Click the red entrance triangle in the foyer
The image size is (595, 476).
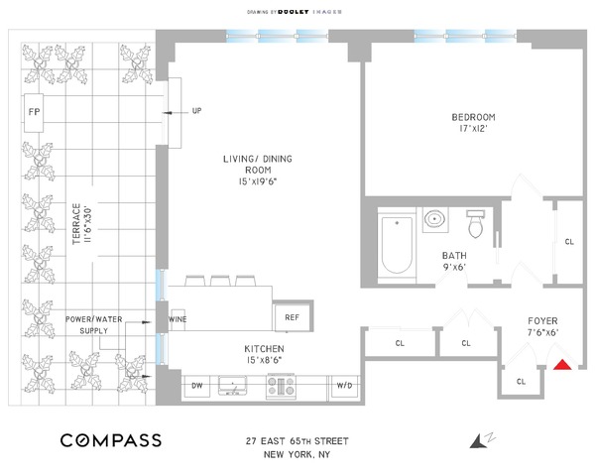[562, 365]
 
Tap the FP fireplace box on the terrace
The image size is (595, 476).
[34, 112]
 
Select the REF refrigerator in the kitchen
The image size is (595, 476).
[293, 316]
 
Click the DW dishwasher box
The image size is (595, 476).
[196, 386]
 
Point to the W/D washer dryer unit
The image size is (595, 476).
[344, 386]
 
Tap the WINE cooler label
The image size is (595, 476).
[178, 319]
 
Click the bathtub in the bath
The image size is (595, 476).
[397, 245]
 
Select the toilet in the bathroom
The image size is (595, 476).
[475, 223]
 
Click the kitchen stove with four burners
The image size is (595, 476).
[282, 386]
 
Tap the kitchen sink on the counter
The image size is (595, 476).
[232, 386]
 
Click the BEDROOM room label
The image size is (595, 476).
[473, 117]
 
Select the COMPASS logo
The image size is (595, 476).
[111, 440]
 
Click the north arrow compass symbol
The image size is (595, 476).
[482, 440]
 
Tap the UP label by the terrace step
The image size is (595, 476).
[196, 111]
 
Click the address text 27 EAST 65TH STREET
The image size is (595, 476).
[297, 441]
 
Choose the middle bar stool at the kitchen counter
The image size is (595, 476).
[220, 281]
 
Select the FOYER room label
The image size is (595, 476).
[542, 321]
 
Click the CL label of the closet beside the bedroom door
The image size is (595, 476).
[569, 242]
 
